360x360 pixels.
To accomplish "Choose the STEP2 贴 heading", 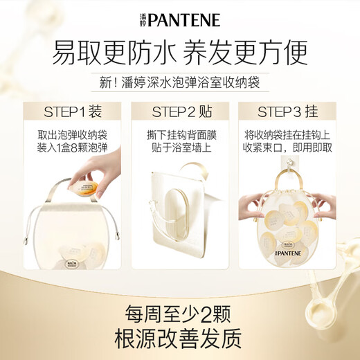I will pos(179,111).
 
